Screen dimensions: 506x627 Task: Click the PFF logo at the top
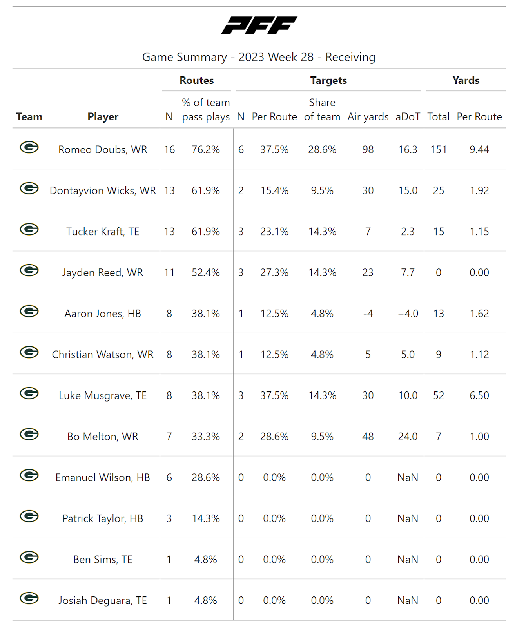(x=259, y=25)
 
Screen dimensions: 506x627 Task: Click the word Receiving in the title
(x=350, y=57)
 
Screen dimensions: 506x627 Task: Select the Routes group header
(x=197, y=80)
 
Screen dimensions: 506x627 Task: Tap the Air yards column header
(x=368, y=117)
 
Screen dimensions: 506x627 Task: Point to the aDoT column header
(x=408, y=117)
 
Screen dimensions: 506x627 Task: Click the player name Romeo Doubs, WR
(x=103, y=150)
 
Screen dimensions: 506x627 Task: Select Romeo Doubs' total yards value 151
(x=438, y=150)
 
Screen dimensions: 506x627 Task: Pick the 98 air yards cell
(x=368, y=150)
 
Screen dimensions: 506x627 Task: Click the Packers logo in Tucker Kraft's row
(x=29, y=229)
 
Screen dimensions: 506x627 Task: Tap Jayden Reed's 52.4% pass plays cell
(x=205, y=273)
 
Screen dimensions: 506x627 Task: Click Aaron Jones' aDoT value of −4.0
(x=408, y=314)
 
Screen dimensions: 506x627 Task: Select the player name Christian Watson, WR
(x=103, y=355)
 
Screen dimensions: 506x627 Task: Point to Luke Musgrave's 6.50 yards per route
(x=479, y=396)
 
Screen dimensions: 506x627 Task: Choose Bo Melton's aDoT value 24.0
(x=408, y=437)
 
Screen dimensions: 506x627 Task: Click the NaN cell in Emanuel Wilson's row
(x=408, y=478)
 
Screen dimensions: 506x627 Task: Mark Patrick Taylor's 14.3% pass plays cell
(x=205, y=519)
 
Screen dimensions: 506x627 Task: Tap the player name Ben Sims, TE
(x=103, y=560)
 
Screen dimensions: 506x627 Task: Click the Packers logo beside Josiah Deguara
(x=29, y=598)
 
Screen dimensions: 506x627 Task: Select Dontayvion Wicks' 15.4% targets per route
(x=274, y=191)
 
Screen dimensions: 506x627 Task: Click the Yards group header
(x=466, y=80)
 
